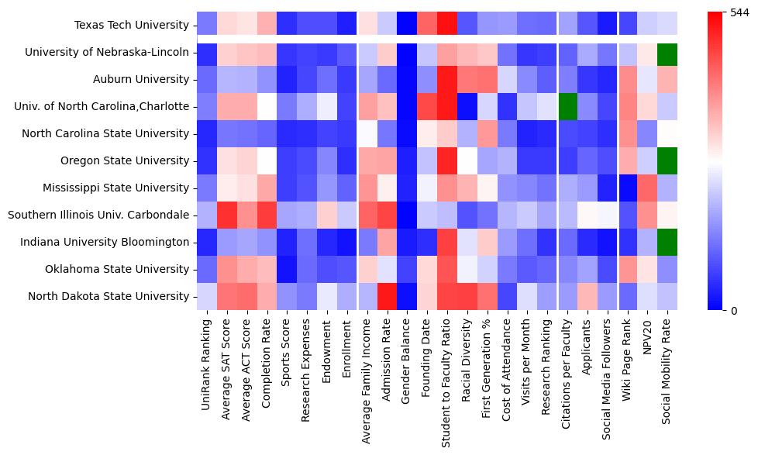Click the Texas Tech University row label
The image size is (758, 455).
131,25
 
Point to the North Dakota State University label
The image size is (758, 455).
119,296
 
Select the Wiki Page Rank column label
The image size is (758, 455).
625,361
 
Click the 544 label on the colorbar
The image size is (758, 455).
740,13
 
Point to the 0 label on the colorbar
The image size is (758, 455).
734,311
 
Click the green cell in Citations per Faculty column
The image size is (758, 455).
567,106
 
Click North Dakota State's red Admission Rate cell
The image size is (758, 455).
386,296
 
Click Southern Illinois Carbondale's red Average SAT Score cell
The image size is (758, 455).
226,215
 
